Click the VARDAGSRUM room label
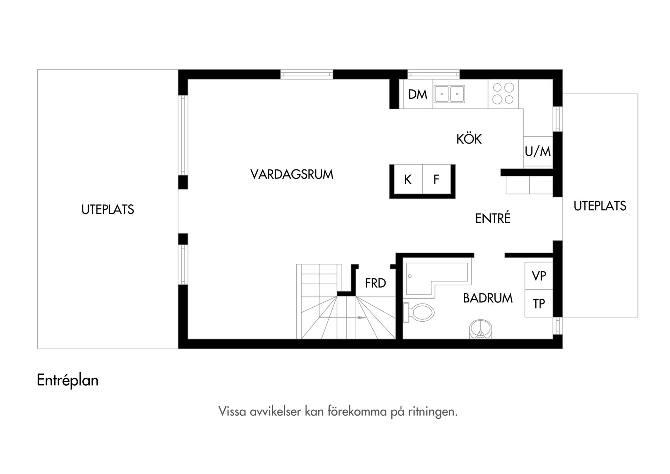click(292, 174)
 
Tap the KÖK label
click(469, 139)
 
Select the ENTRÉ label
click(493, 218)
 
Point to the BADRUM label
click(488, 298)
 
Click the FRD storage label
click(375, 283)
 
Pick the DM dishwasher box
click(418, 94)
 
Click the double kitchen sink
click(449, 94)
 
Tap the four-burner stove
click(503, 94)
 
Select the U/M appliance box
click(538, 151)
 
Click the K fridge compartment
click(408, 179)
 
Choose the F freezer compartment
click(437, 179)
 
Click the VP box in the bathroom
click(539, 276)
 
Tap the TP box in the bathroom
click(539, 303)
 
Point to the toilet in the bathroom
click(419, 312)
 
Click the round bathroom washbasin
click(481, 329)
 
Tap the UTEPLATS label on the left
click(107, 209)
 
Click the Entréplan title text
click(67, 380)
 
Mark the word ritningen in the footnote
click(433, 412)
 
